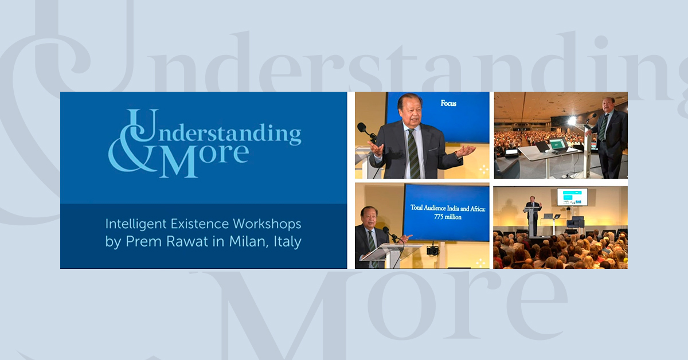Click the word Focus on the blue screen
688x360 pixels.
coord(448,103)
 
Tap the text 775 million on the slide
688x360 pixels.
coord(448,217)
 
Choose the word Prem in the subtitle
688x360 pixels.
coord(143,241)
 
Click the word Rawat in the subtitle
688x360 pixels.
coord(187,241)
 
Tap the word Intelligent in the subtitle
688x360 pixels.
coord(135,224)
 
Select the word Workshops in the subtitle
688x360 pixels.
coord(267,224)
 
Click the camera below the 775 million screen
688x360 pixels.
coord(433,251)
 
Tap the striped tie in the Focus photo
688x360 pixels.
coord(413,154)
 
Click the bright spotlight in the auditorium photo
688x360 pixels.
coord(572,121)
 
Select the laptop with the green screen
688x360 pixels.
coord(558,146)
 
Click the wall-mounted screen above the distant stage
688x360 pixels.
coord(572,197)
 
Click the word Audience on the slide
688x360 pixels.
coord(433,208)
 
